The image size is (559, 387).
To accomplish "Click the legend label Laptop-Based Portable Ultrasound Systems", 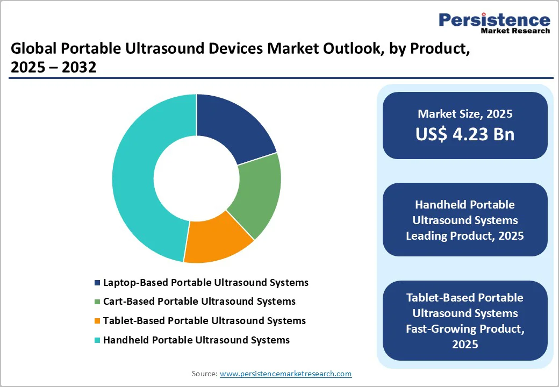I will click(x=206, y=282).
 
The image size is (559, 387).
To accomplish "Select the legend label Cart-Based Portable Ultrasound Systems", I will click(x=199, y=301).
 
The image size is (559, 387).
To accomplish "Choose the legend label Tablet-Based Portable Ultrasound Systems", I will click(x=204, y=320).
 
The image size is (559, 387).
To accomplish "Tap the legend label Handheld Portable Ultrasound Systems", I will click(x=196, y=340).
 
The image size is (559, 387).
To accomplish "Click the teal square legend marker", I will click(x=97, y=340).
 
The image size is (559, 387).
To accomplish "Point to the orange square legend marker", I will click(x=97, y=321).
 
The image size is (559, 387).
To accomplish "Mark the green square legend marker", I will click(x=97, y=302).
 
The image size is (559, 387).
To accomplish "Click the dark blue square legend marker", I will click(x=97, y=283).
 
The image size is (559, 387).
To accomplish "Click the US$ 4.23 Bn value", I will click(x=465, y=134).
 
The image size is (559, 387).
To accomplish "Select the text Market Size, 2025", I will click(x=465, y=114).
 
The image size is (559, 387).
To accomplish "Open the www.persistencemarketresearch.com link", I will click(x=285, y=374).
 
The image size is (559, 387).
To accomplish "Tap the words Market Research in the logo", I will click(x=515, y=31).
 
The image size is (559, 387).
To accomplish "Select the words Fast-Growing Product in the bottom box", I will click(x=465, y=328).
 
